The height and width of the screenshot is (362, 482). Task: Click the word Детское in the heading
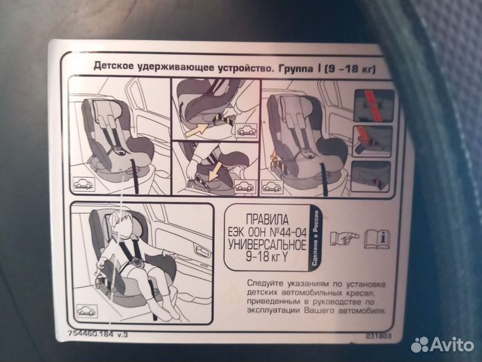tap(113, 67)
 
